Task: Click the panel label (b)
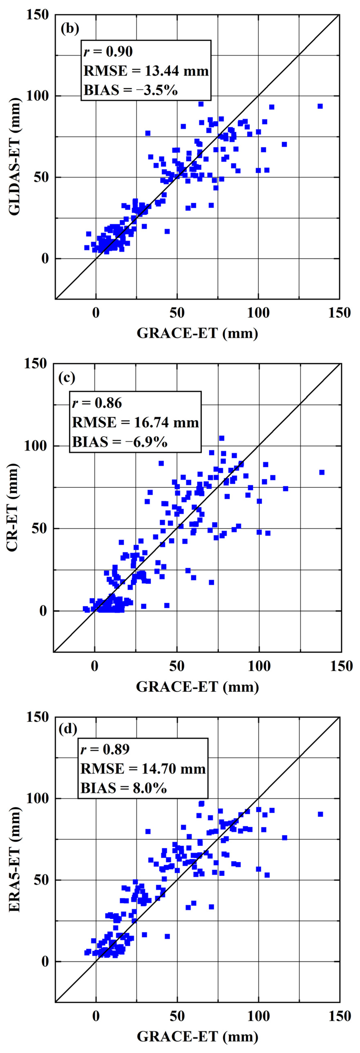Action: point(70,29)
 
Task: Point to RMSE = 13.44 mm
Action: point(146,71)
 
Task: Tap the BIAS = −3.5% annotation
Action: point(131,90)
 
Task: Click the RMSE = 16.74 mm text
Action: point(135,422)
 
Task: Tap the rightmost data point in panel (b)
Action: point(320,106)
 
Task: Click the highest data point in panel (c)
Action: point(221,438)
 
